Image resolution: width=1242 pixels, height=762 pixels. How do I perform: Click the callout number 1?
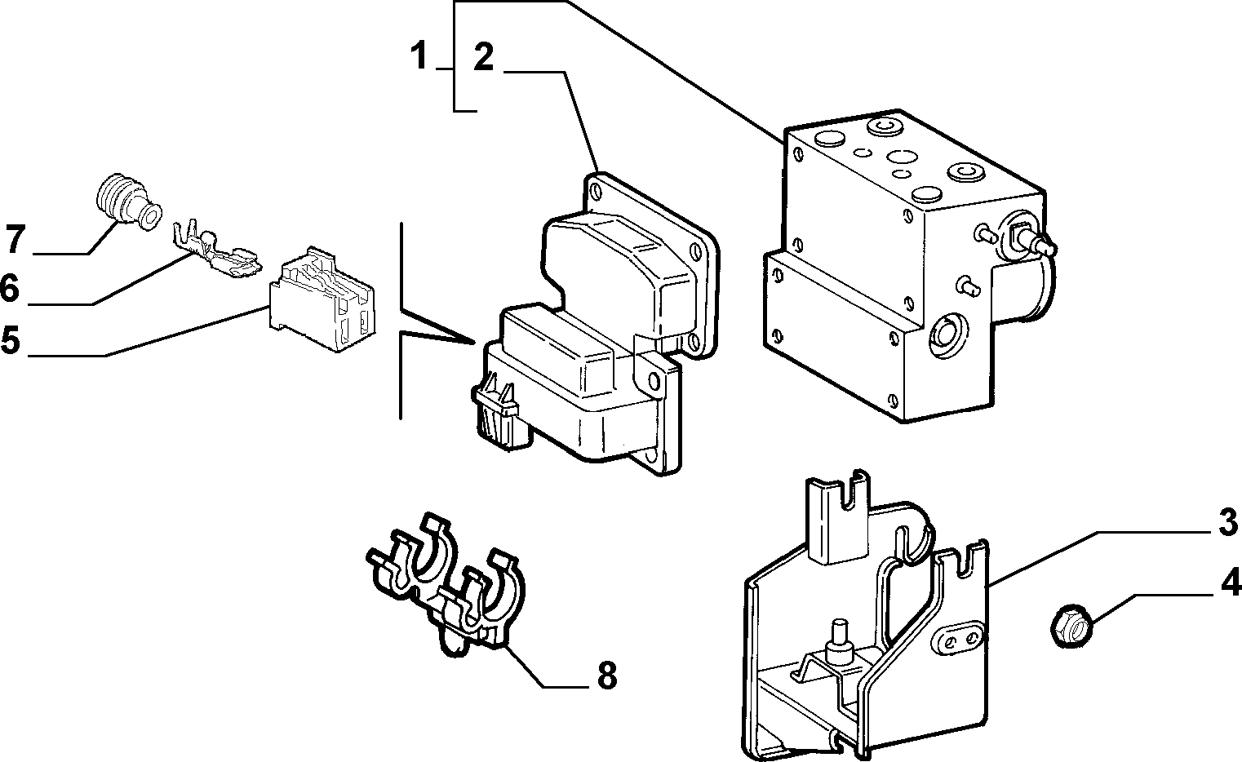click(419, 56)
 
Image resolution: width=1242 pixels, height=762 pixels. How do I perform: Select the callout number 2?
click(483, 57)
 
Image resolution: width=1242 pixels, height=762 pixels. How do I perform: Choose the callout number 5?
click(11, 339)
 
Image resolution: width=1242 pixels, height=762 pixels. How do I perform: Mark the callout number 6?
click(10, 288)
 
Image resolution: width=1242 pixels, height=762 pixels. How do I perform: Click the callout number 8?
click(607, 676)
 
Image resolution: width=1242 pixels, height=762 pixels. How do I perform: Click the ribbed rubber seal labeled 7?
click(127, 203)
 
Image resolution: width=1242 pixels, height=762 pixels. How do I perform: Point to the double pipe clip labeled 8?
click(446, 587)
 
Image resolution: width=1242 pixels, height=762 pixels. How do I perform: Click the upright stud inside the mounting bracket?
click(838, 641)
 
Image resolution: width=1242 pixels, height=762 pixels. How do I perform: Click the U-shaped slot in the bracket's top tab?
click(851, 493)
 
